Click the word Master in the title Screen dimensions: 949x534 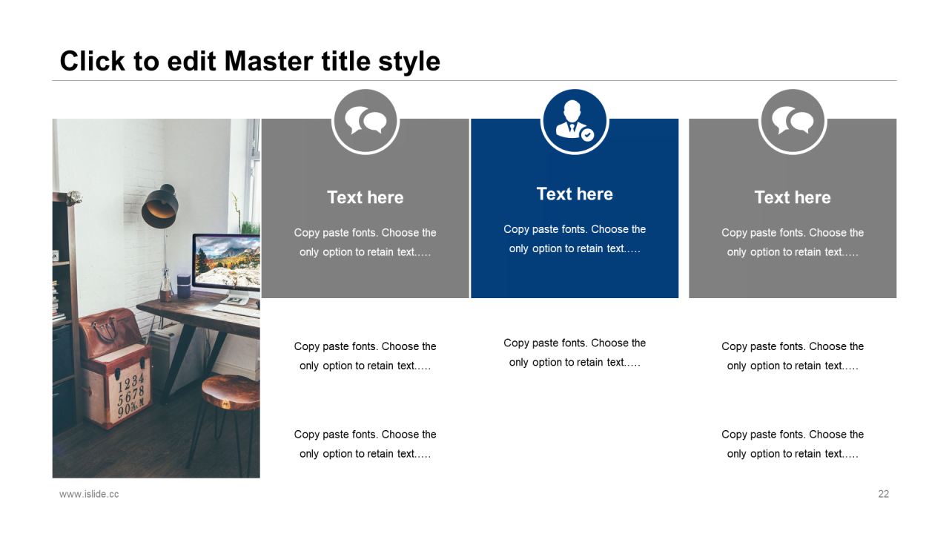[269, 61]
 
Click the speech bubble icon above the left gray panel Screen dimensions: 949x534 [366, 120]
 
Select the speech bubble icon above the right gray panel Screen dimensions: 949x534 [793, 120]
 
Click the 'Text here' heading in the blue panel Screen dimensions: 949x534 [575, 194]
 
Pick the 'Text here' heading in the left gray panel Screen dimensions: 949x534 [366, 197]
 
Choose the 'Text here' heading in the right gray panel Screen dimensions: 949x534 [793, 197]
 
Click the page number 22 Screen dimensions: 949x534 [883, 494]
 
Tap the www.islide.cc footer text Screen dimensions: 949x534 [89, 494]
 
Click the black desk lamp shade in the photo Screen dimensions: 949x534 [159, 207]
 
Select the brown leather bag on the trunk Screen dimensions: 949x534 [110, 333]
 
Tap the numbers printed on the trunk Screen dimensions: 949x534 [131, 395]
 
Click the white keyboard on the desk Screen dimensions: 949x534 [237, 311]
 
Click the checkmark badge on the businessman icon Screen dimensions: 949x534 [587, 135]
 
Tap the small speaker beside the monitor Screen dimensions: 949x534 [183, 286]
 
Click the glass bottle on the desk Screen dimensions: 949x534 [165, 285]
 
